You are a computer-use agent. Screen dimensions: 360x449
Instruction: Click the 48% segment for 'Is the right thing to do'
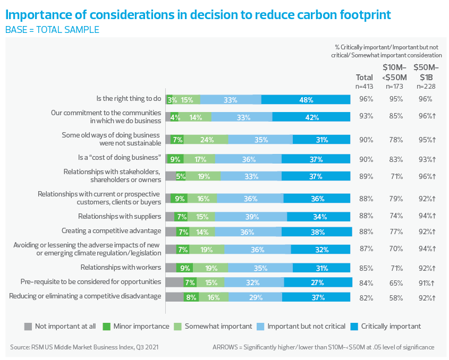click(x=306, y=99)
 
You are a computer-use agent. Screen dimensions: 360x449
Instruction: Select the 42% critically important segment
click(x=311, y=117)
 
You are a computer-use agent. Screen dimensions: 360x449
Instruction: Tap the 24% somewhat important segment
click(x=206, y=140)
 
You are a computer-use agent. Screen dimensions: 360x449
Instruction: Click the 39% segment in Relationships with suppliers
click(x=251, y=216)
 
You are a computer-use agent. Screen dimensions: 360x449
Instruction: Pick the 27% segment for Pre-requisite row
click(x=318, y=282)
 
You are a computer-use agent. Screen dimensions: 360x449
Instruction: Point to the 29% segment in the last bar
click(x=255, y=297)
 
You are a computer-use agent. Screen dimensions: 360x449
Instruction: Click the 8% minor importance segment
click(x=191, y=297)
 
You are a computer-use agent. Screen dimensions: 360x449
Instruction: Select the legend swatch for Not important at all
click(x=28, y=326)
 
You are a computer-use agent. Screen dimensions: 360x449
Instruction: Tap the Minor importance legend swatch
click(x=106, y=326)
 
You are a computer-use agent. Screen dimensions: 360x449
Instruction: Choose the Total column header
click(x=365, y=78)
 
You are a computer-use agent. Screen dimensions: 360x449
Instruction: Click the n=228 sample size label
click(x=426, y=86)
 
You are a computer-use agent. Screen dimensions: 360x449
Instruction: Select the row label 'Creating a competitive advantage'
click(x=111, y=231)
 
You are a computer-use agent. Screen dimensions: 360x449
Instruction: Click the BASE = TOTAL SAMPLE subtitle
click(x=52, y=30)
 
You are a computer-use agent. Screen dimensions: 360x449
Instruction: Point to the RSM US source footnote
click(x=83, y=347)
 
